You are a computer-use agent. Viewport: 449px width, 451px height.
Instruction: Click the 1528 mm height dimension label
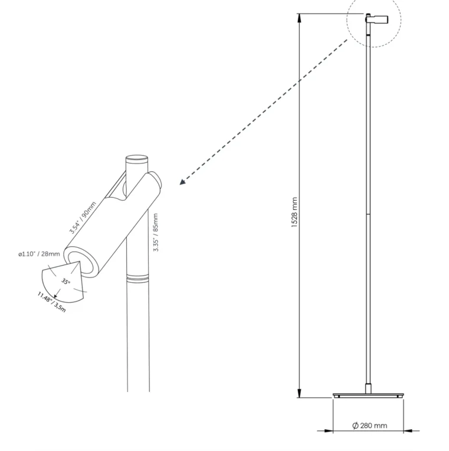point(294,213)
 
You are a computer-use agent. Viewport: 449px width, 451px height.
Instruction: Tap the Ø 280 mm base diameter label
point(370,425)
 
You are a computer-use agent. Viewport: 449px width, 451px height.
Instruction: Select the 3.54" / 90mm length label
point(83,217)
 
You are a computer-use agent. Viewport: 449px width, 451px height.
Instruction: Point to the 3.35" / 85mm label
point(156,233)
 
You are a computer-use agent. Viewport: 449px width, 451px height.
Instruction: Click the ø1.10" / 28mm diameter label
point(39,254)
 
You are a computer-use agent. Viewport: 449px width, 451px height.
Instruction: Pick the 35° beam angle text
point(66,282)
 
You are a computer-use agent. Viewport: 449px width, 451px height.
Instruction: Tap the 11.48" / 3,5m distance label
point(52,302)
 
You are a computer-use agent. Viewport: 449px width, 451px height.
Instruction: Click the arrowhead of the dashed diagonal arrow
point(182,182)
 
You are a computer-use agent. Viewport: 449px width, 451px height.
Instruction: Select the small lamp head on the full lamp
point(377,19)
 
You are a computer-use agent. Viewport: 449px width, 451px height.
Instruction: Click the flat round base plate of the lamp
point(368,395)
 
